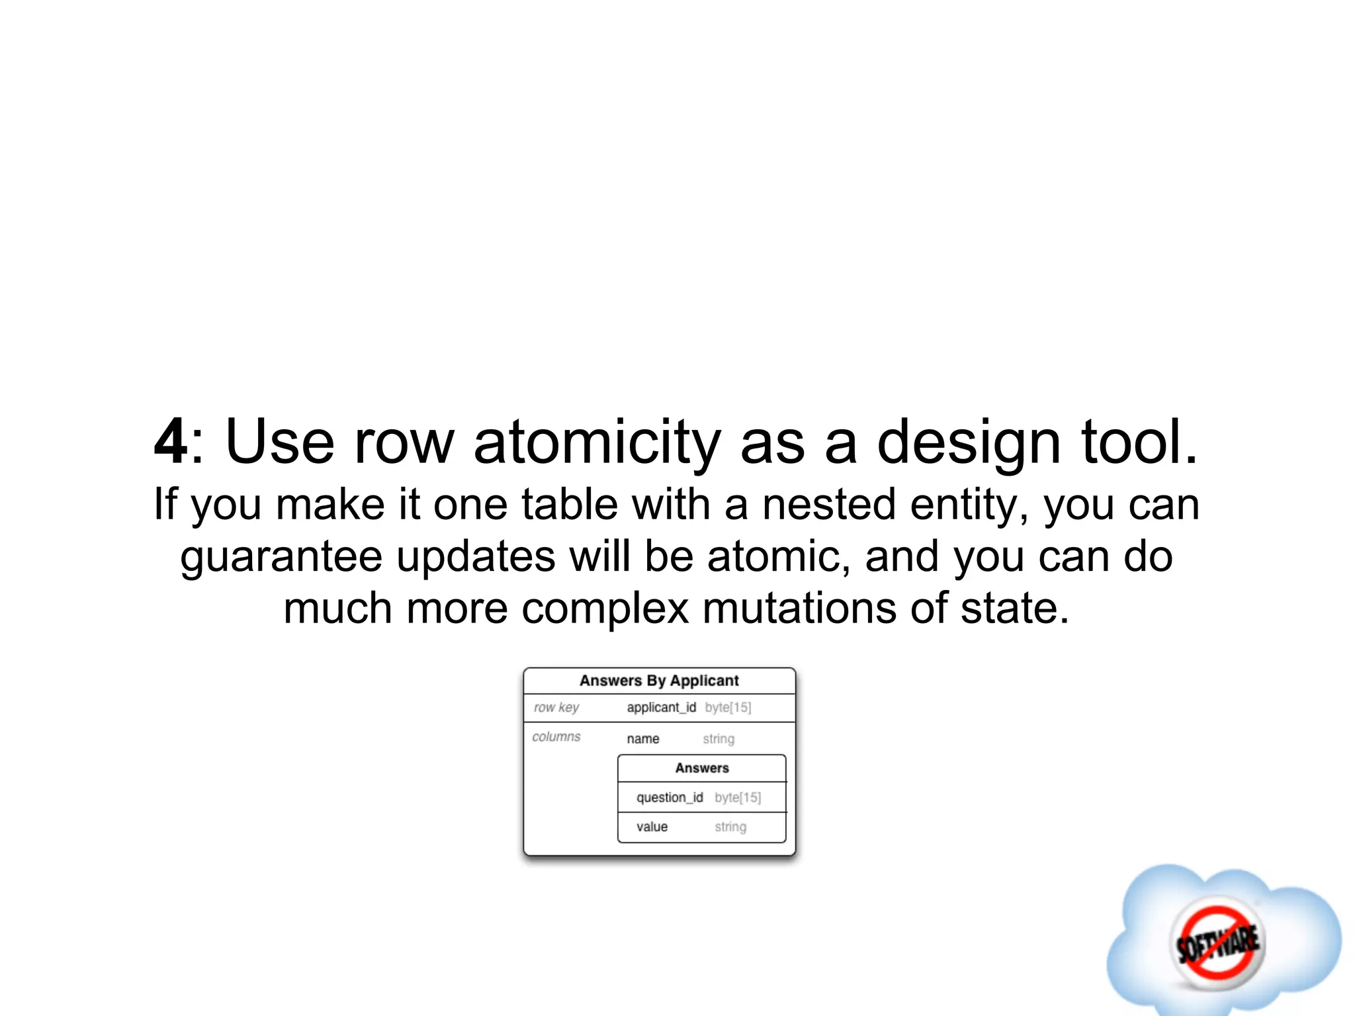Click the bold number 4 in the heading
pyautogui.click(x=171, y=442)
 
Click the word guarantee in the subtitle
pyautogui.click(x=281, y=558)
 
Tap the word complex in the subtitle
pyautogui.click(x=605, y=609)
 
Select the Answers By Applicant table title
pyautogui.click(x=659, y=681)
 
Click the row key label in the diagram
pyautogui.click(x=556, y=707)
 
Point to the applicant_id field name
pyautogui.click(x=661, y=707)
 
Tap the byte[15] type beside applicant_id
pyautogui.click(x=728, y=707)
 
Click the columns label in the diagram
pyautogui.click(x=556, y=737)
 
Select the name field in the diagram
pyautogui.click(x=643, y=739)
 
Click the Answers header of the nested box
pyautogui.click(x=702, y=768)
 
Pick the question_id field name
pyautogui.click(x=670, y=798)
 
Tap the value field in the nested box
pyautogui.click(x=652, y=827)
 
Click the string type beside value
pyautogui.click(x=730, y=827)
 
